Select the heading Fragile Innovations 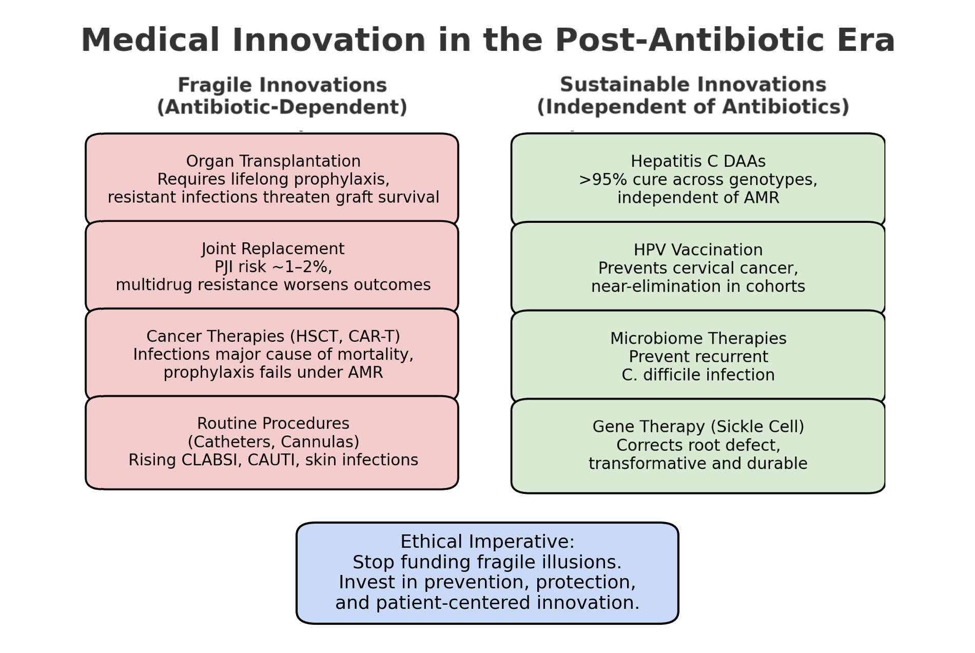282,85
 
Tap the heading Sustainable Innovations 693,85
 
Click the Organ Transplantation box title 274,161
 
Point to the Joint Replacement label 273,249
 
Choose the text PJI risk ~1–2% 273,267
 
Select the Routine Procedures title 274,424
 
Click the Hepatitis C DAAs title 698,162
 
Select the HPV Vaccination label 698,250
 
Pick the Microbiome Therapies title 698,339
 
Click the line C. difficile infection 698,375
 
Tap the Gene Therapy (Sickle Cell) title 698,427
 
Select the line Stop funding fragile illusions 488,562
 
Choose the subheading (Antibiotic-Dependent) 282,107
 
